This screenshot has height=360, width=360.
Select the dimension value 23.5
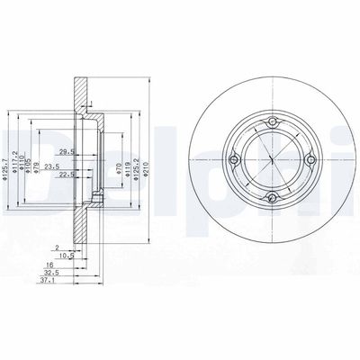click(x=53, y=166)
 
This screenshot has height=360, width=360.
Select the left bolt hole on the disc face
click(x=235, y=162)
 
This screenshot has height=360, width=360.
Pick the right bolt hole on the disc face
click(x=310, y=162)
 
